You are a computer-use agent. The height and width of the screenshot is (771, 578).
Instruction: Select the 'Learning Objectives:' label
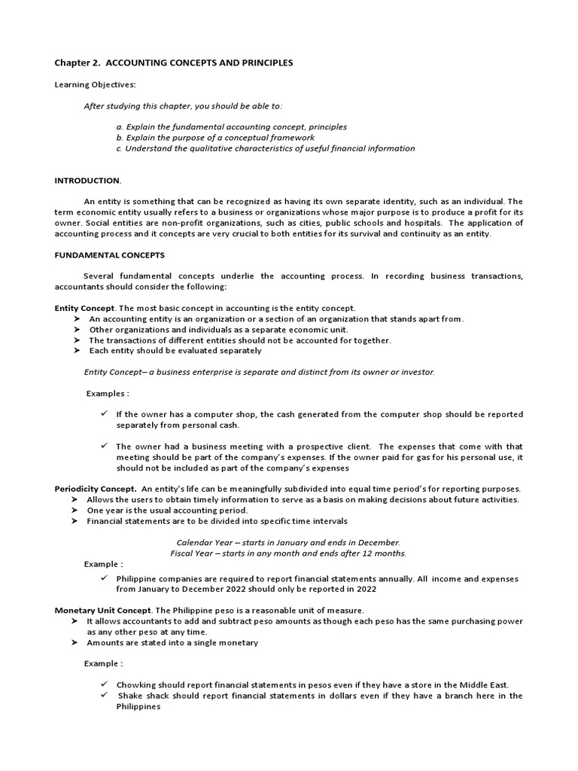coord(95,85)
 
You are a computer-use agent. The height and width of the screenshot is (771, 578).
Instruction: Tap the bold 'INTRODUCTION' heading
coord(87,181)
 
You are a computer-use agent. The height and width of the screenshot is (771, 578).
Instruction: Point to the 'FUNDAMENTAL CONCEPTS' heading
coord(109,255)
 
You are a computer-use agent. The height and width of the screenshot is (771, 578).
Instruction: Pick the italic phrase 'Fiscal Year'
coord(193,553)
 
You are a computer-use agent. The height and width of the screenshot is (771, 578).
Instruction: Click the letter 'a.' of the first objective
coord(120,127)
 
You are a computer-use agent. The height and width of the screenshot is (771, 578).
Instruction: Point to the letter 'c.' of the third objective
coord(120,148)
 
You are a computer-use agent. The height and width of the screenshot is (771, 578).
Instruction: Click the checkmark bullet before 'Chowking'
coord(105,684)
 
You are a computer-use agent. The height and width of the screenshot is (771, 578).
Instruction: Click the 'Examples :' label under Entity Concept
coord(108,393)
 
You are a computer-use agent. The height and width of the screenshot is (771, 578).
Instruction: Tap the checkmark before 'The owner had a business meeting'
coord(105,446)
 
